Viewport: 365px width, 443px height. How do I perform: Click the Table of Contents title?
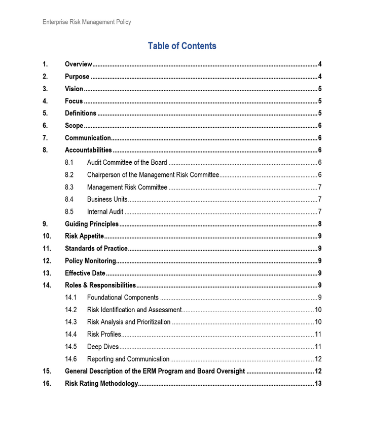click(182, 46)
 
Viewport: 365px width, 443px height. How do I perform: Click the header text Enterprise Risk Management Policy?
click(87, 22)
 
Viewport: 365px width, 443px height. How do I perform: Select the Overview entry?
click(78, 64)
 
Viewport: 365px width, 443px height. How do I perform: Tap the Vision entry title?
click(74, 89)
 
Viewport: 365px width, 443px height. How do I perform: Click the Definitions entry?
click(80, 113)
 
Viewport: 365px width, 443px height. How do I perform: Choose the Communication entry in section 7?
click(88, 138)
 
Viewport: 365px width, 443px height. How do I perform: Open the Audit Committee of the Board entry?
click(127, 162)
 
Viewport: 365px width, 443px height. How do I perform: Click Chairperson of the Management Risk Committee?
click(153, 175)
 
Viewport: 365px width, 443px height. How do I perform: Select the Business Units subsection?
click(107, 199)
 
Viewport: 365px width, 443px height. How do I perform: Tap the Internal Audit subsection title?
click(105, 211)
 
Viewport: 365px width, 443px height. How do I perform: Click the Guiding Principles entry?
click(92, 224)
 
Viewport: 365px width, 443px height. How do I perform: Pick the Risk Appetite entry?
click(84, 236)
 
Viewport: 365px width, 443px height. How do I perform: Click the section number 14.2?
click(71, 310)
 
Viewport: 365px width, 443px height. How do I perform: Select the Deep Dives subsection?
click(102, 347)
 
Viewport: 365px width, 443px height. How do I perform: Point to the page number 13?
click(318, 384)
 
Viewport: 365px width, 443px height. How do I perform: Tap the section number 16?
click(47, 384)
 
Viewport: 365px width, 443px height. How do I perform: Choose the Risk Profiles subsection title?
click(104, 334)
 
